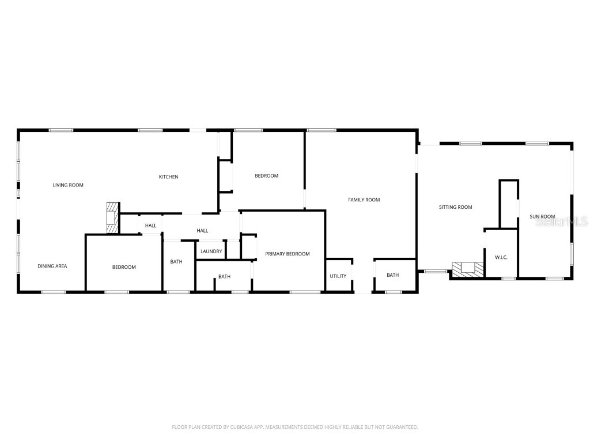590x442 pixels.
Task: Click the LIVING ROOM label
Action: coord(68,185)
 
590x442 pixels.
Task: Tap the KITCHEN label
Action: coord(168,177)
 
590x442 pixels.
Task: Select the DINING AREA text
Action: coord(52,266)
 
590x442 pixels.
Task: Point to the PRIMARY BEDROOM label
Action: coord(287,254)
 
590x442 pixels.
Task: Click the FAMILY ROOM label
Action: coord(364,200)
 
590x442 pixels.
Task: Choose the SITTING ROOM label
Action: coord(455,207)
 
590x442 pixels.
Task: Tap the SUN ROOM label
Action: coord(542,217)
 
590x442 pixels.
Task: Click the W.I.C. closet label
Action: coord(501,257)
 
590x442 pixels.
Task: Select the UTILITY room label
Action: coord(338,276)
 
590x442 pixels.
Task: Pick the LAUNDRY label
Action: coord(211,252)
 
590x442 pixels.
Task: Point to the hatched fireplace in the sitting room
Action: coord(467,268)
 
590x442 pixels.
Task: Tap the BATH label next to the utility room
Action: coord(392,275)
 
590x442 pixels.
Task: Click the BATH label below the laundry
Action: coord(224,277)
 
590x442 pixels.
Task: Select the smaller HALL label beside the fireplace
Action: coord(150,226)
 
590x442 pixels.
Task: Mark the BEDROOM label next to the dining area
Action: coord(124,267)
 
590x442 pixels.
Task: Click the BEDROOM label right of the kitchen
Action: coord(266,176)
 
